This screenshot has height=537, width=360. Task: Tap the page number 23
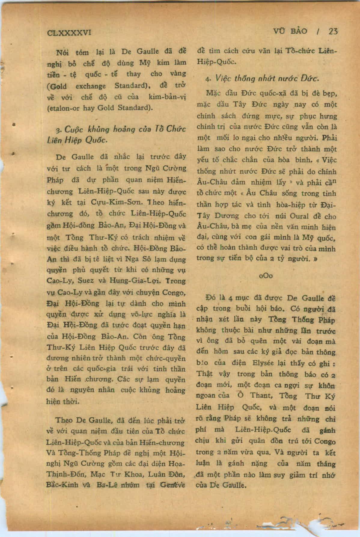[x=333, y=31]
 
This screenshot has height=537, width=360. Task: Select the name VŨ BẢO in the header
[x=290, y=31]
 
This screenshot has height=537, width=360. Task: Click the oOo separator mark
[x=266, y=275]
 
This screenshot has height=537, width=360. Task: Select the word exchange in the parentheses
[x=90, y=86]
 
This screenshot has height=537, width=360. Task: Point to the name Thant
[x=261, y=396]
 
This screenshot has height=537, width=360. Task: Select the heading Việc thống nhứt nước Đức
[x=261, y=79]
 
